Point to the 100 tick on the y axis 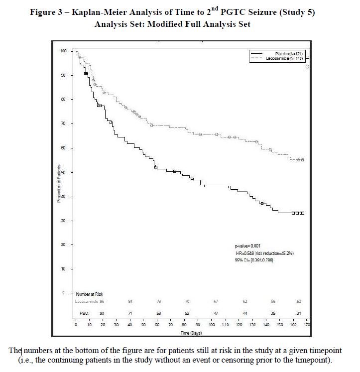[63, 51]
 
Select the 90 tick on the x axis [198, 325]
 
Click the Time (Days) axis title [192, 332]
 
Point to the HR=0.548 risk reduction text [264, 253]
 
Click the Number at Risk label [90, 294]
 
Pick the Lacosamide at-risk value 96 [102, 302]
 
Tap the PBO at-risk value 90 [102, 313]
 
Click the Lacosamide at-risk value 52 [298, 302]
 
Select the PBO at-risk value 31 [298, 313]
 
